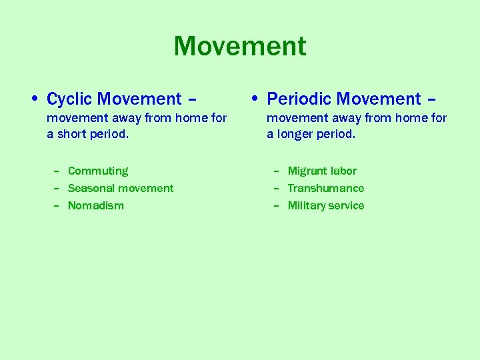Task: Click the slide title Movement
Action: pyautogui.click(x=240, y=47)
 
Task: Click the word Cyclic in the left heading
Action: pyautogui.click(x=70, y=99)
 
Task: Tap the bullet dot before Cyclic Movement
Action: pyautogui.click(x=34, y=99)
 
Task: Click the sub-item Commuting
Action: pyautogui.click(x=98, y=171)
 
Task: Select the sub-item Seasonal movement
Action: pyautogui.click(x=121, y=189)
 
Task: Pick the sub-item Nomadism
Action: pyautogui.click(x=96, y=206)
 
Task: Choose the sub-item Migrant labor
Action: pyautogui.click(x=322, y=171)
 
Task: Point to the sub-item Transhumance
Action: pyautogui.click(x=326, y=189)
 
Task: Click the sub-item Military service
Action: pyautogui.click(x=326, y=206)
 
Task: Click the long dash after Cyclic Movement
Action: pyautogui.click(x=192, y=100)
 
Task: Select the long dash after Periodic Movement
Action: pyautogui.click(x=431, y=100)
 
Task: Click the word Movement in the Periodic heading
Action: pyautogui.click(x=379, y=99)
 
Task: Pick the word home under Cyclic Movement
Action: pyautogui.click(x=192, y=119)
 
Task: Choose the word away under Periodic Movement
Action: pyautogui.click(x=341, y=119)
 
